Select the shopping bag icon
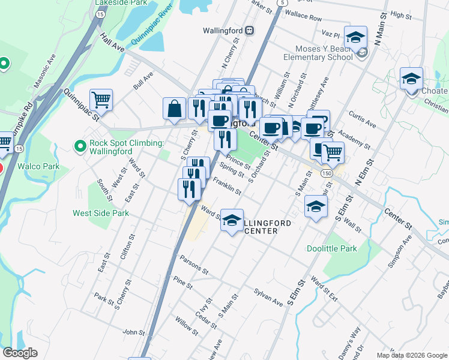tap(174, 109)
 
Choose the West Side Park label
tap(101, 212)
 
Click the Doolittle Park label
tap(332, 248)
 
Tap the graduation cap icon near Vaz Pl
tap(355, 37)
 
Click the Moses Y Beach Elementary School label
tap(323, 53)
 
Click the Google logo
tap(20, 353)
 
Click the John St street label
tap(133, 332)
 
